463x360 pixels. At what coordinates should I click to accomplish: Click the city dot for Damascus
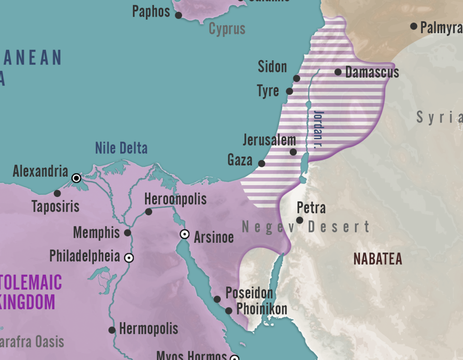(x=338, y=72)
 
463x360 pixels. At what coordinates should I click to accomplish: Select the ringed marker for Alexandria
(x=76, y=178)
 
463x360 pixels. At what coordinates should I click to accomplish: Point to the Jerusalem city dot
(x=293, y=152)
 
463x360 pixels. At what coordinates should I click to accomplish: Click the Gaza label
(x=240, y=159)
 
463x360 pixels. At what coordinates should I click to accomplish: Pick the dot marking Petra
(x=299, y=220)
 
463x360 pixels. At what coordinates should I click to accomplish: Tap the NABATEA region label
(x=378, y=259)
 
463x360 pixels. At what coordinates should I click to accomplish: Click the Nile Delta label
(x=121, y=148)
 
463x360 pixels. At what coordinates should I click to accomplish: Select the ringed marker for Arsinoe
(x=184, y=234)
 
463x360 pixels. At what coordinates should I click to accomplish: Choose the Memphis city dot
(x=128, y=233)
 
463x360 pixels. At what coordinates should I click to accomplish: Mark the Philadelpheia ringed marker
(x=129, y=258)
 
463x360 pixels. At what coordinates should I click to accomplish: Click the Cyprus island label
(x=227, y=29)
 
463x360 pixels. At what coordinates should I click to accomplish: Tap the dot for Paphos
(x=179, y=15)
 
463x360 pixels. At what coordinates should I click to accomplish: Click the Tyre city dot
(x=289, y=91)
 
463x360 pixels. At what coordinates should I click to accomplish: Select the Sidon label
(x=272, y=67)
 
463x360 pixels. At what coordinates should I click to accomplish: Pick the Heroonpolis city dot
(x=149, y=211)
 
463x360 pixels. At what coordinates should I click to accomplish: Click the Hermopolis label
(x=149, y=329)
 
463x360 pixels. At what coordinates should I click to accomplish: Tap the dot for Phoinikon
(x=229, y=311)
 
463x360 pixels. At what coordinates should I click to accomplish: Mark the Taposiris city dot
(x=57, y=193)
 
